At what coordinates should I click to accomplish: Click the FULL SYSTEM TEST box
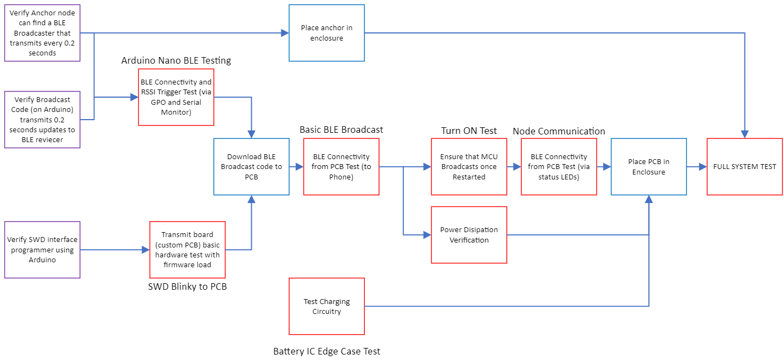click(744, 166)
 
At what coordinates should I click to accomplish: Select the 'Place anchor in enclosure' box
click(326, 33)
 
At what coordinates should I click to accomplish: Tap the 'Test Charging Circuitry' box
click(326, 306)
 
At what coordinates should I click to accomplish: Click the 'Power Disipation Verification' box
click(469, 235)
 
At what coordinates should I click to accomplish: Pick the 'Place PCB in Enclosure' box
click(648, 166)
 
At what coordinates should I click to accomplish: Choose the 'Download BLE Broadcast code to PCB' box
click(251, 166)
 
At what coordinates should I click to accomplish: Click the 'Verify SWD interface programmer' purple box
click(42, 250)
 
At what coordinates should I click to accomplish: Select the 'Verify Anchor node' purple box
click(42, 33)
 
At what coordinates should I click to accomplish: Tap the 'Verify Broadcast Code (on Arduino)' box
click(42, 120)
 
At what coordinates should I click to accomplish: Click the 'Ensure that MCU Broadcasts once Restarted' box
click(469, 166)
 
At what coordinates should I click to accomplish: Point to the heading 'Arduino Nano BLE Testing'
click(176, 60)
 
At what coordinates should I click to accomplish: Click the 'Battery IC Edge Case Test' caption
click(326, 351)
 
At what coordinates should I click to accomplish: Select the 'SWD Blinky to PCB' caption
click(187, 286)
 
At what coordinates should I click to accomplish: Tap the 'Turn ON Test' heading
click(469, 131)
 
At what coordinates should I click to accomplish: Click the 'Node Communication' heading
click(559, 131)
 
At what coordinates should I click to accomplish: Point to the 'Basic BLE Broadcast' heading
click(341, 130)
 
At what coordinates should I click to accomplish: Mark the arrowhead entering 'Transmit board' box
click(146, 250)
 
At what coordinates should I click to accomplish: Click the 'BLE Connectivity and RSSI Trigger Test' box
click(176, 97)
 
